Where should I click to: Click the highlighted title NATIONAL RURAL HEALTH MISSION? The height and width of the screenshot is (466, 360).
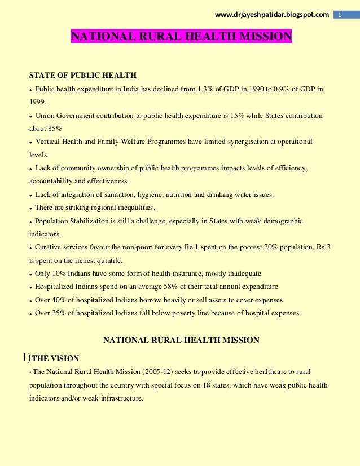click(181, 37)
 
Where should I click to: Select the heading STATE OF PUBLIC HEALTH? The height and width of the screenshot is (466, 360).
click(83, 76)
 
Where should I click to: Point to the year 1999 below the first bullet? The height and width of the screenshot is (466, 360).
click(38, 102)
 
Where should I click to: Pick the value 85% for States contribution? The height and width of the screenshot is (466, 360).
click(55, 128)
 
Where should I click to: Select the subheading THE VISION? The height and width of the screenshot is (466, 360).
click(55, 358)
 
